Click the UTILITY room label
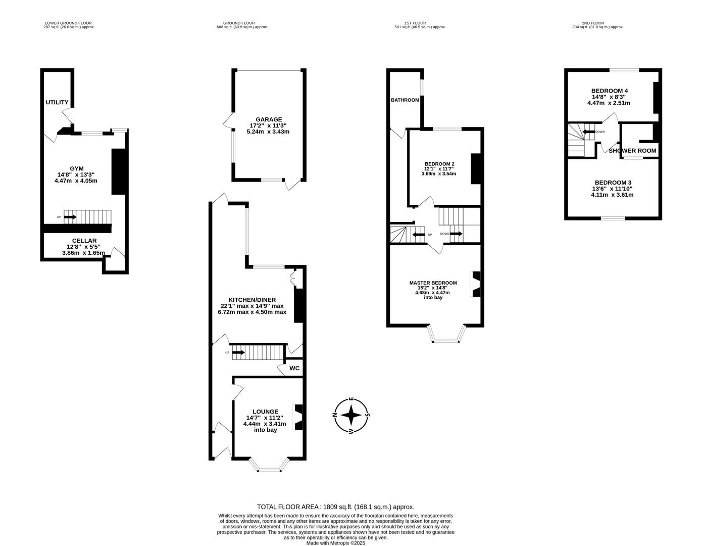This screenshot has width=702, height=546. pos(57,103)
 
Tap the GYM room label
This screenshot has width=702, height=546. pos(77,168)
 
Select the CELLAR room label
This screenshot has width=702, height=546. pos(84,241)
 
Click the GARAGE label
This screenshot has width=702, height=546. pos(268,119)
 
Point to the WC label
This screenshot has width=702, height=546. pos(294,368)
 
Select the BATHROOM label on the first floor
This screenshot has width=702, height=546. pos(405,100)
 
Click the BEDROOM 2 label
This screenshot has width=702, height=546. pos(439,164)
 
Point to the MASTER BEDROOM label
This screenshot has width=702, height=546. pos(433,283)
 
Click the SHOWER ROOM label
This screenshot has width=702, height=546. pos(633,151)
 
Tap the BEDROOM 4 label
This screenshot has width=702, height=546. pos(609,91)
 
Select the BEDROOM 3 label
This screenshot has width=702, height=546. pos(613,183)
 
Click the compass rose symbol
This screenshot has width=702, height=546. pos(352,416)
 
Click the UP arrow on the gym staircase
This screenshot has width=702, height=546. pos(70,217)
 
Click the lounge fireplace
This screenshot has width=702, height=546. pos(298,417)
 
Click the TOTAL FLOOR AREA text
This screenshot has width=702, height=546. pos(335,507)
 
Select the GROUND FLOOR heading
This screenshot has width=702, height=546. pos(239,23)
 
